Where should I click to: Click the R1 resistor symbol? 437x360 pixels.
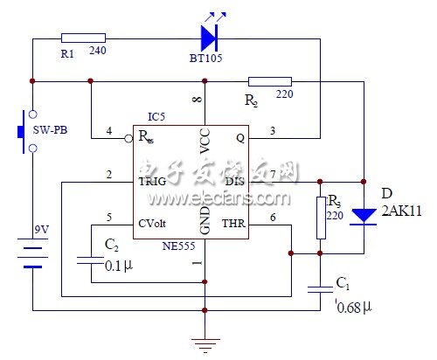pyautogui.click(x=84, y=38)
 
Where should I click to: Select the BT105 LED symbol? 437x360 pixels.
pyautogui.click(x=209, y=37)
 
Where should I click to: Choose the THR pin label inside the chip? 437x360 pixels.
pyautogui.click(x=232, y=223)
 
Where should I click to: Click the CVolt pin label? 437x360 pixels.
pyautogui.click(x=158, y=223)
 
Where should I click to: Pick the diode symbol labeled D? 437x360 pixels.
pyautogui.click(x=363, y=216)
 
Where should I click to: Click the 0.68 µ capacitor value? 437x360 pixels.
pyautogui.click(x=353, y=307)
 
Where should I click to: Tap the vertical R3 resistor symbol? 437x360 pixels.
pyautogui.click(x=320, y=218)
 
